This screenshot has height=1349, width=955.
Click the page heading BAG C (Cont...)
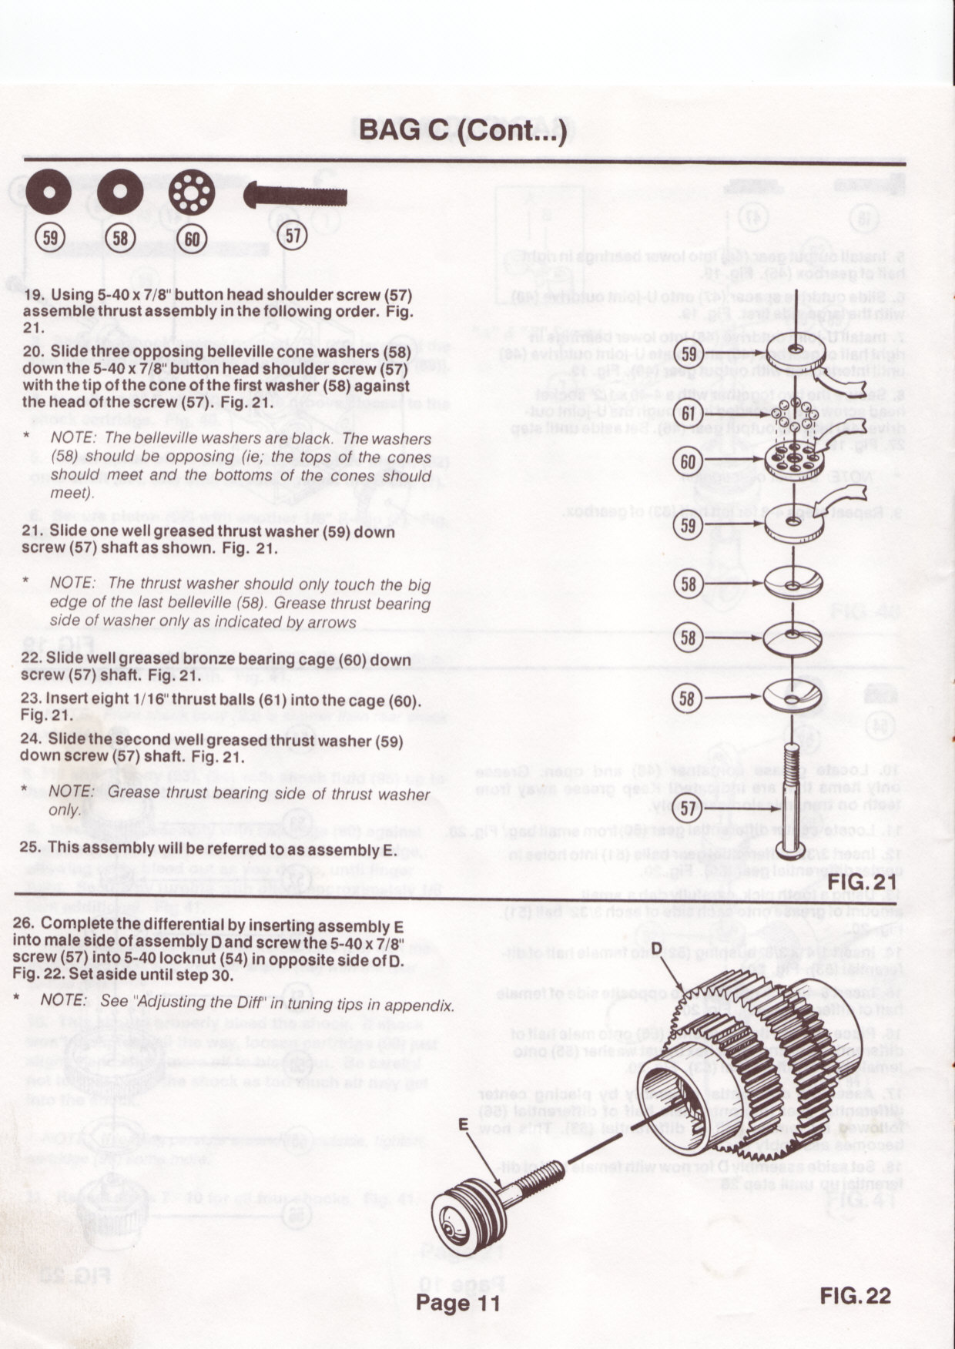[x=464, y=130]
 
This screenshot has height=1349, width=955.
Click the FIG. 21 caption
[x=862, y=879]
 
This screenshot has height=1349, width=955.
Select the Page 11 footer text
[x=458, y=1303]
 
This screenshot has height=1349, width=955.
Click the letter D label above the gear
[x=656, y=949]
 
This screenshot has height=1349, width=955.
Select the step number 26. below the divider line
[x=24, y=923]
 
